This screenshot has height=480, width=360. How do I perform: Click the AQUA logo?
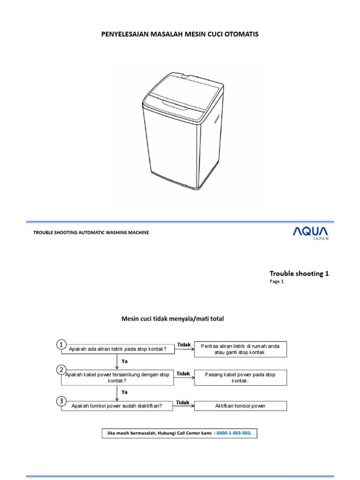point(311,231)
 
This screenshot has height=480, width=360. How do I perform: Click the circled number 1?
point(61,345)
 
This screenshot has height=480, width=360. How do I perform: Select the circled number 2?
point(61,370)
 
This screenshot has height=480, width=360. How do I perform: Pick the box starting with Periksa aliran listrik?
point(240,349)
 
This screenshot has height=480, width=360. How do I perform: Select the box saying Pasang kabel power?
point(240,378)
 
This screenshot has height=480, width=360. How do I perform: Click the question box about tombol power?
point(117,406)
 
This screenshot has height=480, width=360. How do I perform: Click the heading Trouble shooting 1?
point(299,273)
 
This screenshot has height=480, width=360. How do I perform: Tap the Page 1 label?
point(277,282)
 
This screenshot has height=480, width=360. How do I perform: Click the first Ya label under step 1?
point(125,362)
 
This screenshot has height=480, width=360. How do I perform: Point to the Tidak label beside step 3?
point(183,402)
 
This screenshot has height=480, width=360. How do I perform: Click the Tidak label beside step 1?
point(183,345)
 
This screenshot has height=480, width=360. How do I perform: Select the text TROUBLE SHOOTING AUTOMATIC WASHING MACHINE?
point(91,232)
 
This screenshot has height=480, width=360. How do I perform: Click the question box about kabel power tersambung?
point(117,378)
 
